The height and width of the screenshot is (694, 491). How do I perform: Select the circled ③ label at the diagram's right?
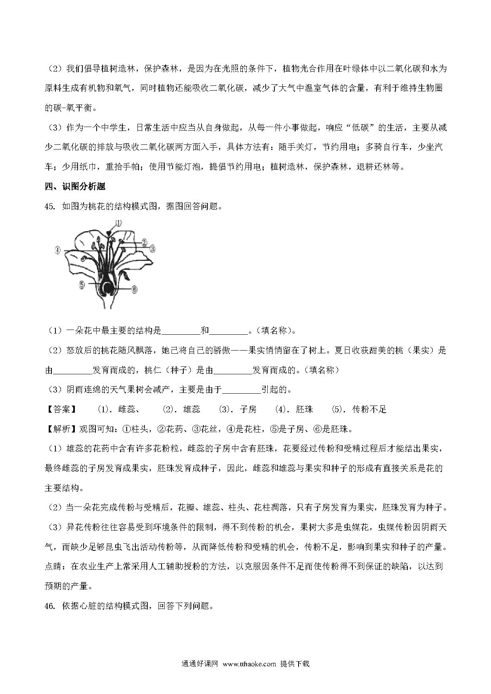point(152,248)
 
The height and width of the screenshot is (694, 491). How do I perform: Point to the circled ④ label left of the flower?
point(58,250)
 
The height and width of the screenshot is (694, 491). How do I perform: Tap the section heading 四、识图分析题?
point(75,186)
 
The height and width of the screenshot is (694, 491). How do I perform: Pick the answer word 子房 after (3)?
point(248,410)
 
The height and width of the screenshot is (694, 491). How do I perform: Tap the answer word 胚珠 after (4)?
point(304,410)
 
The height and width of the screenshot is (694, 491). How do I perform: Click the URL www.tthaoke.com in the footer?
point(249,664)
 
